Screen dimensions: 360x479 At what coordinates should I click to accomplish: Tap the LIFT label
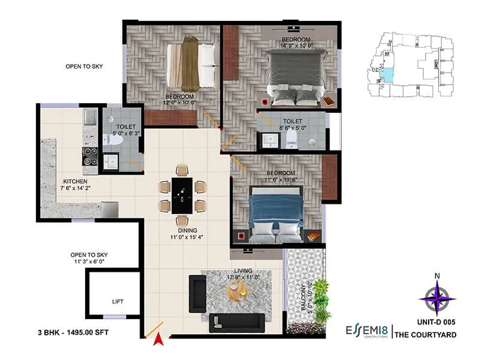pos(118,302)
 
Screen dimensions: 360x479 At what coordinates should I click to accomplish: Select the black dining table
pos(182,195)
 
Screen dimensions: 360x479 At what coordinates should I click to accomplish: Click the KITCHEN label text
pos(76,181)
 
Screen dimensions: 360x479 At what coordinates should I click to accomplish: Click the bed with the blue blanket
pos(277,214)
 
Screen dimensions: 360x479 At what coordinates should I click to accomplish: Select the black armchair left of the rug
pos(197,293)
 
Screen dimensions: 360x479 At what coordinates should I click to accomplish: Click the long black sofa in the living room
pos(236,323)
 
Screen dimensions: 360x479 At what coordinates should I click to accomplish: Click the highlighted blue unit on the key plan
pos(388,76)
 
